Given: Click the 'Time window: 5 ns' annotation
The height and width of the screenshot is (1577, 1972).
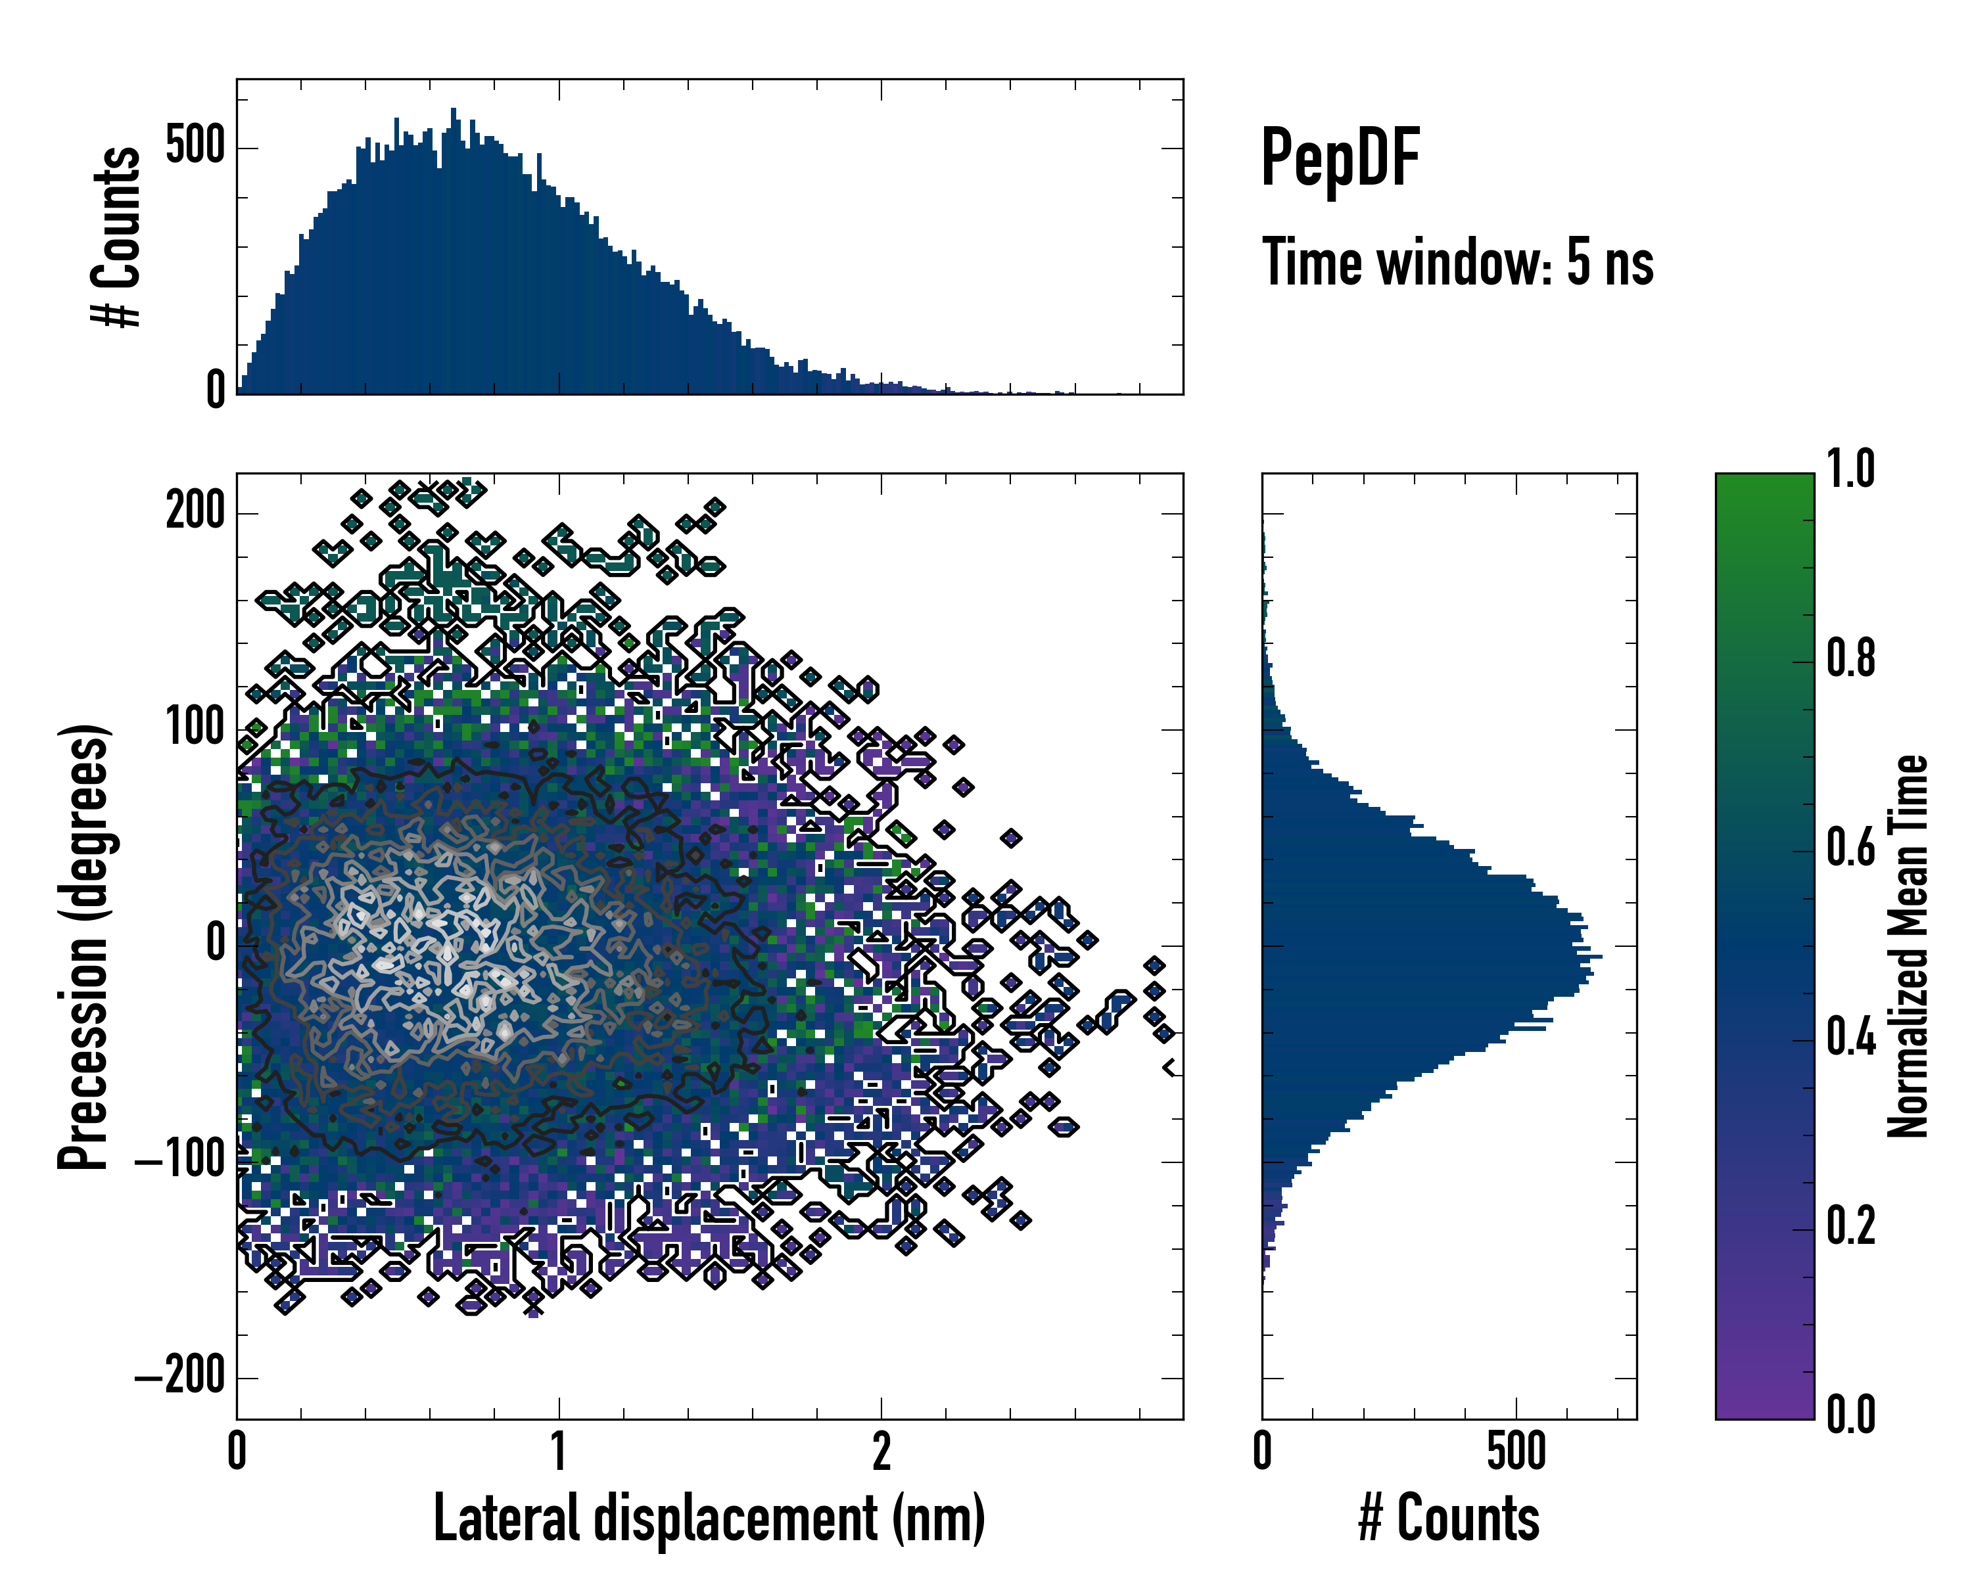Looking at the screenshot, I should [1457, 263].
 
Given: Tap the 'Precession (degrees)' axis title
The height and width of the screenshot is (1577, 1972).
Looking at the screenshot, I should [84, 946].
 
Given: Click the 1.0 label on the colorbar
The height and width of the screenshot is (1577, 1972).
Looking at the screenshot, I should [1850, 469].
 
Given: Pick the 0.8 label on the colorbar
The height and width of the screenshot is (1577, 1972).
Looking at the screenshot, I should [1850, 658].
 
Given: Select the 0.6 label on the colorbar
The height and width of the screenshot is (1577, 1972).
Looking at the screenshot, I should [1850, 848].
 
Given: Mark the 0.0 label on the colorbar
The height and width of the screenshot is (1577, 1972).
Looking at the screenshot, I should [1850, 1415].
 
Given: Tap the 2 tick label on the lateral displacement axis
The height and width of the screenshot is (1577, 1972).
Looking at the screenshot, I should [881, 1451].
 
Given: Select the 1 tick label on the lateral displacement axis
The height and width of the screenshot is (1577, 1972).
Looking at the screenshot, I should [559, 1451].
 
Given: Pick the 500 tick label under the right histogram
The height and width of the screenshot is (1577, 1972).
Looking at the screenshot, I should [1516, 1451].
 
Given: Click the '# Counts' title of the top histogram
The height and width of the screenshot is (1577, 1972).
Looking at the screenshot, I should [117, 237].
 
